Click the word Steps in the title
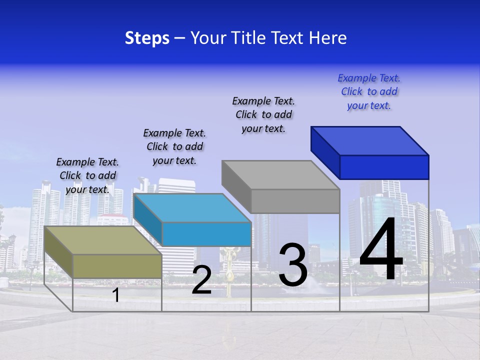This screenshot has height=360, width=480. [147, 38]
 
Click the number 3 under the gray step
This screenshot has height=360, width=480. [293, 265]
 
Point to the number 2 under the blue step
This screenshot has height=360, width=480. [201, 280]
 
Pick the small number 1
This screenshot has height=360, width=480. [115, 295]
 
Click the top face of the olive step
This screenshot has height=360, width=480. [103, 240]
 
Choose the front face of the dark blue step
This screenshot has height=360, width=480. [384, 167]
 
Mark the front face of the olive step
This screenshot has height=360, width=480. [117, 266]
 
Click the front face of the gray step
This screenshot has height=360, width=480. [295, 201]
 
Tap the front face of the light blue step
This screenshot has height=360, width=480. [206, 234]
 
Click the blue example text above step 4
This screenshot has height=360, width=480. [369, 92]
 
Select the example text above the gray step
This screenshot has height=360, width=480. [263, 115]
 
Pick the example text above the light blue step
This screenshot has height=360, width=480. [174, 146]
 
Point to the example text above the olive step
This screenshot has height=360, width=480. [87, 175]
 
